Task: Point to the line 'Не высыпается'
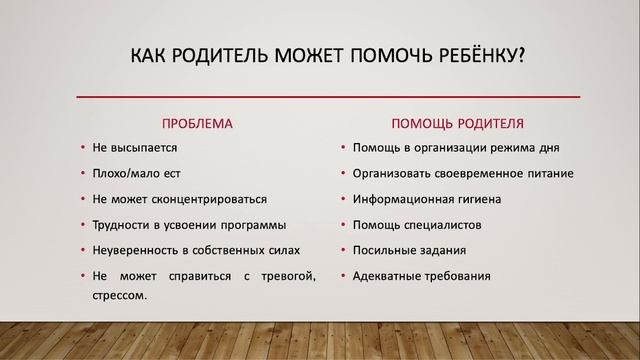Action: click(x=134, y=148)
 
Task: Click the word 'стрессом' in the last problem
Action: click(x=119, y=295)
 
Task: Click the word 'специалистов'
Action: click(x=446, y=224)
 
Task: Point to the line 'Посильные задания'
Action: click(x=409, y=250)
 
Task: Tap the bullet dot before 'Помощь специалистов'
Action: click(x=342, y=224)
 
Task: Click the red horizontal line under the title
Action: click(x=329, y=96)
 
